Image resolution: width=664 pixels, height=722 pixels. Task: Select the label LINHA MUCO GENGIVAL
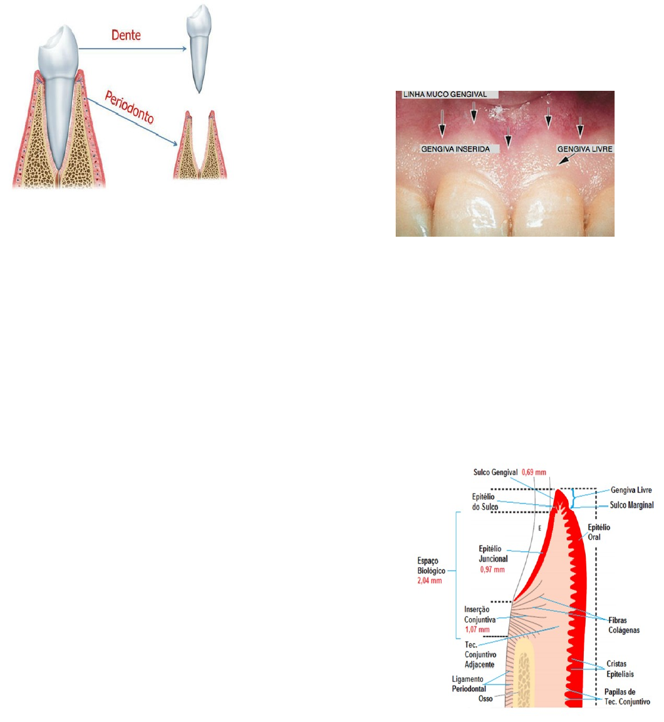[449, 95]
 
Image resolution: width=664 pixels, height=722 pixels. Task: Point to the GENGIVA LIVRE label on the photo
[585, 150]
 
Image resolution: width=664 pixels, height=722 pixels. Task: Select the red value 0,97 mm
[492, 569]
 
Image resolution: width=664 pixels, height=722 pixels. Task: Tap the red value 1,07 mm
[477, 629]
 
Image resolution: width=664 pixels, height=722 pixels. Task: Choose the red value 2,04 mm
[429, 581]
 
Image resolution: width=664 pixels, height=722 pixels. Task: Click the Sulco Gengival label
[495, 472]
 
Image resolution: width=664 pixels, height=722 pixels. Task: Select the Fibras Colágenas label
[624, 625]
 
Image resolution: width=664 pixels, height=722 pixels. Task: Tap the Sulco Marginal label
[631, 505]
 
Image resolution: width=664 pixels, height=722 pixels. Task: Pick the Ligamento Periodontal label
[468, 684]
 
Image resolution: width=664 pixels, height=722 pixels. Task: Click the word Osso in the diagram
[485, 699]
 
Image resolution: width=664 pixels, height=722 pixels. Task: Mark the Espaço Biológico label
[432, 566]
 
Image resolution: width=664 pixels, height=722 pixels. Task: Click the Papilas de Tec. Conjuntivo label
[626, 697]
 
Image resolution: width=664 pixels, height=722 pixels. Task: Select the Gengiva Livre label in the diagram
[631, 490]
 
